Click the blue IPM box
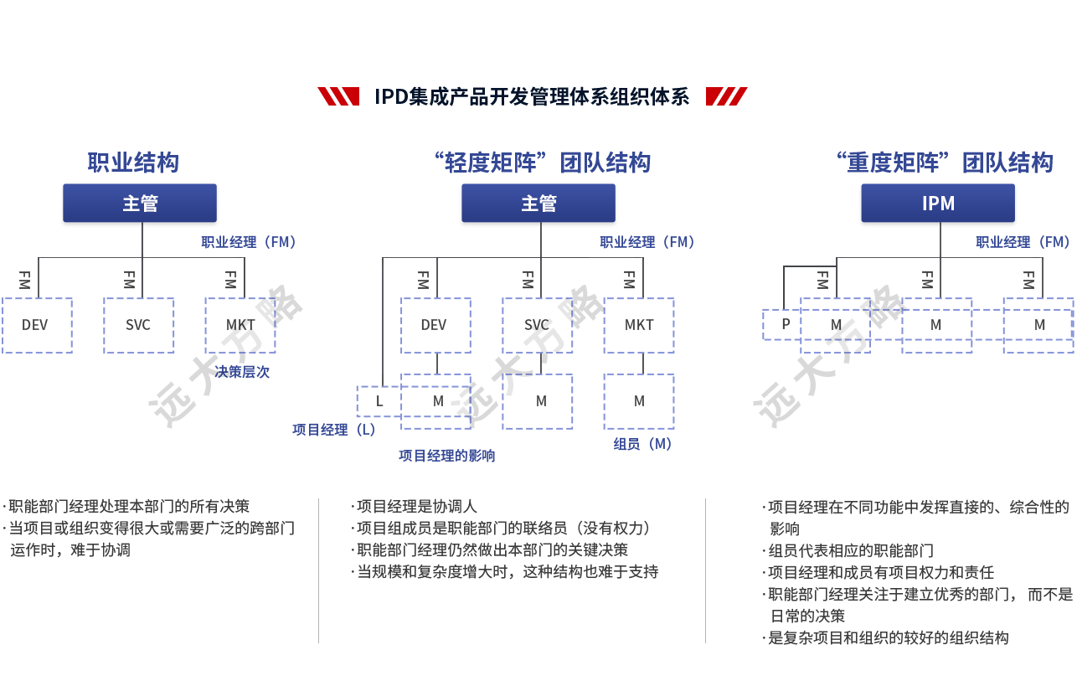[x=938, y=204]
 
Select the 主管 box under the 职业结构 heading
[x=140, y=204]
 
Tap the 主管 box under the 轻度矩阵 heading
[x=538, y=204]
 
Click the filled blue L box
[x=379, y=401]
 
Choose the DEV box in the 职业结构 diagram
[x=36, y=325]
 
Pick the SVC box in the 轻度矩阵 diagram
[x=538, y=325]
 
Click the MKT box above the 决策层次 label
[x=240, y=325]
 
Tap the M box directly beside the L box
[x=436, y=401]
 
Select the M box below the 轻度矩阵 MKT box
[x=639, y=401]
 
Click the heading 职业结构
[x=133, y=163]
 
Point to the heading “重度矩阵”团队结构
[x=945, y=163]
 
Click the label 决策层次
[x=242, y=372]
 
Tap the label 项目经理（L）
[x=333, y=430]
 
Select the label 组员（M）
[x=642, y=445]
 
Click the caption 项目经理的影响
[x=446, y=456]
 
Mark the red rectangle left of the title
[x=338, y=97]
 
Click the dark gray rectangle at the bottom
[x=144, y=528]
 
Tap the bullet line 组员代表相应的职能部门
[x=850, y=551]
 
